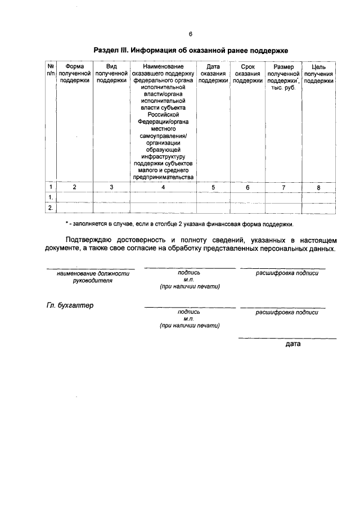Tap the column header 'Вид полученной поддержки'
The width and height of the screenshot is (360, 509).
[111, 74]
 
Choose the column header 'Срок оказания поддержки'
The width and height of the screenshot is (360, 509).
[247, 74]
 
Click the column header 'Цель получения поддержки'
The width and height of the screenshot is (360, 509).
[318, 74]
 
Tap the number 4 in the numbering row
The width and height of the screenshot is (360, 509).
[163, 187]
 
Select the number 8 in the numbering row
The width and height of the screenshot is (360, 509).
[318, 188]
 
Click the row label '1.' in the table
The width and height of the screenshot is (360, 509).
[51, 197]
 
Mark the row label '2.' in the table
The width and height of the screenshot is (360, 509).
[51, 208]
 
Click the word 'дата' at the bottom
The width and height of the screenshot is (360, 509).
[293, 343]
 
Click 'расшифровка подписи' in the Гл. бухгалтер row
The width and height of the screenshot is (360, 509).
[287, 312]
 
